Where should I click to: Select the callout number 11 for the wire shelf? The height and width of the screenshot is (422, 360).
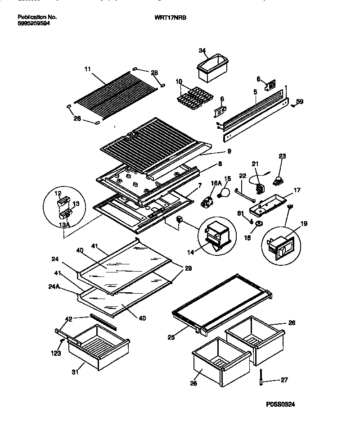coord(87,69)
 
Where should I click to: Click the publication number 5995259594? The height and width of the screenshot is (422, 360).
coord(34,23)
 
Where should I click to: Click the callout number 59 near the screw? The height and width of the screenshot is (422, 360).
coord(300,102)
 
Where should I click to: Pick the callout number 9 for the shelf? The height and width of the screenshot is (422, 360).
coord(229,151)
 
